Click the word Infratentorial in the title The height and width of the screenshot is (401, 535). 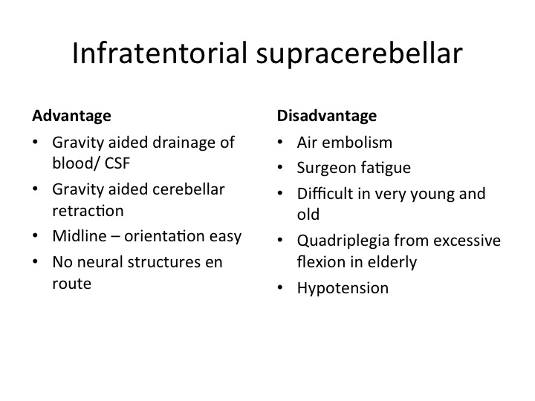(x=159, y=53)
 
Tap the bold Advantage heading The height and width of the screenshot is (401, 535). (x=71, y=116)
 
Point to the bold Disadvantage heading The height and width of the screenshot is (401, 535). (x=327, y=116)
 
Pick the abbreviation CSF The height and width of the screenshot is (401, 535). (x=117, y=163)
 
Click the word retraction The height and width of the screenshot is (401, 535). (x=88, y=211)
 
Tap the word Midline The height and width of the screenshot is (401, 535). (x=80, y=236)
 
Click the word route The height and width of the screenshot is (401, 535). (x=71, y=284)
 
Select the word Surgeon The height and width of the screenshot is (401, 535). (x=326, y=168)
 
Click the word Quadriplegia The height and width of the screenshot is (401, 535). (x=343, y=241)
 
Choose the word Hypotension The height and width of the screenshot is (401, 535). (x=343, y=289)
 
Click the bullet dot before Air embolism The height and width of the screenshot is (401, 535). (x=280, y=142)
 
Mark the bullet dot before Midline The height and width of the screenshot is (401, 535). (x=35, y=235)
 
